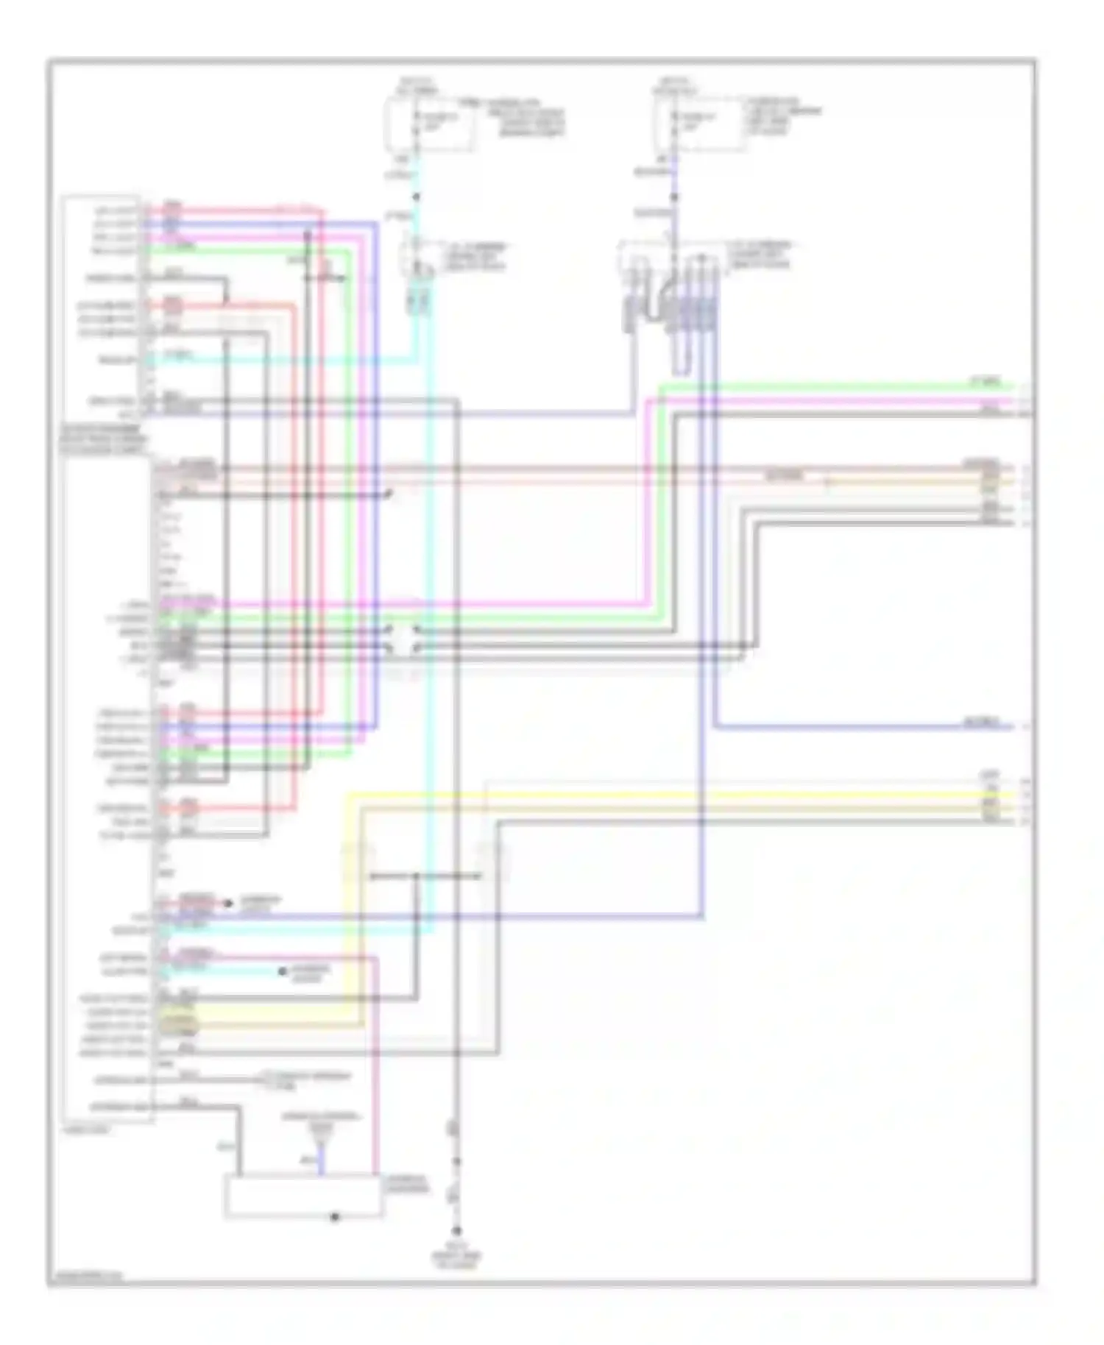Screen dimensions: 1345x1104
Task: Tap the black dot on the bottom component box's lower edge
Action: tap(336, 1216)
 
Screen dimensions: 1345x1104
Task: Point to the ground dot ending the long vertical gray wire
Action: tap(456, 1231)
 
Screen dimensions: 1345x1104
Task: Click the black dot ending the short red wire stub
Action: tap(228, 903)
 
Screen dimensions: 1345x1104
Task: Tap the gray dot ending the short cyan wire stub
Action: tap(282, 972)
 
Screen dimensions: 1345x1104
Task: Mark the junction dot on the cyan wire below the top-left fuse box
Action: tap(416, 197)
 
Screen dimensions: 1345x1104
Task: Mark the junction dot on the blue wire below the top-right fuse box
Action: tap(674, 197)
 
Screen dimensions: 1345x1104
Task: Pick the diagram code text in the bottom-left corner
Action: tap(85, 1277)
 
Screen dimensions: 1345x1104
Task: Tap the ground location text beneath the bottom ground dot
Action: tap(456, 1257)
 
